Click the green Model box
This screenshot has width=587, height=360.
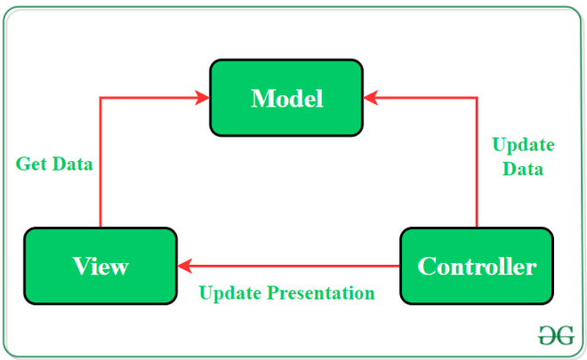[285, 97]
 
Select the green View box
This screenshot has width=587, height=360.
[100, 265]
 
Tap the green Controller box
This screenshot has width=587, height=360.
[477, 265]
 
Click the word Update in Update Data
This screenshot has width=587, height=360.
[523, 145]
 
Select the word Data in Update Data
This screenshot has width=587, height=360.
[523, 168]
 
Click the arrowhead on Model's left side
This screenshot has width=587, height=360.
[202, 98]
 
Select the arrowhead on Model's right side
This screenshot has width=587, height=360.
[371, 98]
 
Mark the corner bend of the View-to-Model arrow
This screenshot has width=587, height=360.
[100, 98]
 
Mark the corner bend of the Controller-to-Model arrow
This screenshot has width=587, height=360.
[478, 98]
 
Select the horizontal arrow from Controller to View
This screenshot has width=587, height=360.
[293, 265]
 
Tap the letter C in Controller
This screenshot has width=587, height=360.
[426, 266]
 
